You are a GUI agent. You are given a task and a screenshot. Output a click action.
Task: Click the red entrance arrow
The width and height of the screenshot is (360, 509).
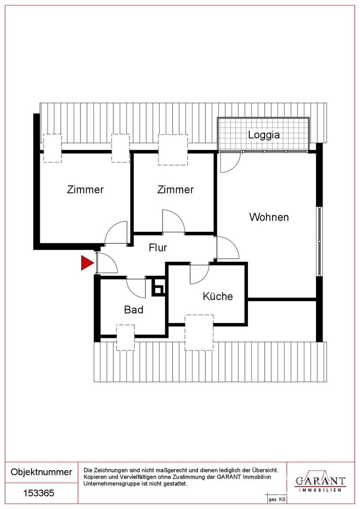(87, 263)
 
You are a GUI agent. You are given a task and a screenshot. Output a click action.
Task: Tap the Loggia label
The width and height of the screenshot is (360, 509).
(264, 135)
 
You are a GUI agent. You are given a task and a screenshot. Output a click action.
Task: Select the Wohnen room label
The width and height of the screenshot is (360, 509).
(269, 217)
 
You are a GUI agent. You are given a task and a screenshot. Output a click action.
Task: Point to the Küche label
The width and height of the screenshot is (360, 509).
(217, 296)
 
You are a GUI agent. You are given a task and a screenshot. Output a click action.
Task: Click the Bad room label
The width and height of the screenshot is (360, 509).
(134, 310)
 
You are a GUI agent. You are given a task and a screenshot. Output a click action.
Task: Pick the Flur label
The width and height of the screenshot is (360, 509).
(158, 248)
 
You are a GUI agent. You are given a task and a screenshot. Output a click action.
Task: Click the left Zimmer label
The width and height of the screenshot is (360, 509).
(85, 190)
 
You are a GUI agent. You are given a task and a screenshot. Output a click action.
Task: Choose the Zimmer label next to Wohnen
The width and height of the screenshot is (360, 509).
(175, 190)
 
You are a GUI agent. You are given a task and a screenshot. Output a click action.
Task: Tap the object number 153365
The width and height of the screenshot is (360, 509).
(38, 493)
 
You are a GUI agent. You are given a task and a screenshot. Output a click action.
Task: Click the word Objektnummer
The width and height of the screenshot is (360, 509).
(41, 472)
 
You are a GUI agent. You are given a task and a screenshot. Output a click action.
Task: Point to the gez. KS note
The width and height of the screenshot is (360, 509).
(277, 500)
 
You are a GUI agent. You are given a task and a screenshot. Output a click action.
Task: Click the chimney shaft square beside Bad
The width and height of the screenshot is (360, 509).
(159, 286)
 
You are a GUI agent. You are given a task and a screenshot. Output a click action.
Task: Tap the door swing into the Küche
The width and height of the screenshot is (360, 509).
(199, 274)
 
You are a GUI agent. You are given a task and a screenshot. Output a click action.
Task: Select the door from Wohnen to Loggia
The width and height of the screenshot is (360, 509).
(230, 162)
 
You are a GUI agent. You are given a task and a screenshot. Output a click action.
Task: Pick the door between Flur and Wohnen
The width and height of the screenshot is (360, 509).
(228, 248)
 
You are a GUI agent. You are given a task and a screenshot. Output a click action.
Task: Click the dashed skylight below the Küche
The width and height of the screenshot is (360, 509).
(199, 332)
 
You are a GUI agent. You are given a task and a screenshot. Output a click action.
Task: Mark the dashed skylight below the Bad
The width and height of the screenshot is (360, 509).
(125, 338)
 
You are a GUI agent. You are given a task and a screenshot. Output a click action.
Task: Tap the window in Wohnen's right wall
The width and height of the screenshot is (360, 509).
(319, 241)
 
